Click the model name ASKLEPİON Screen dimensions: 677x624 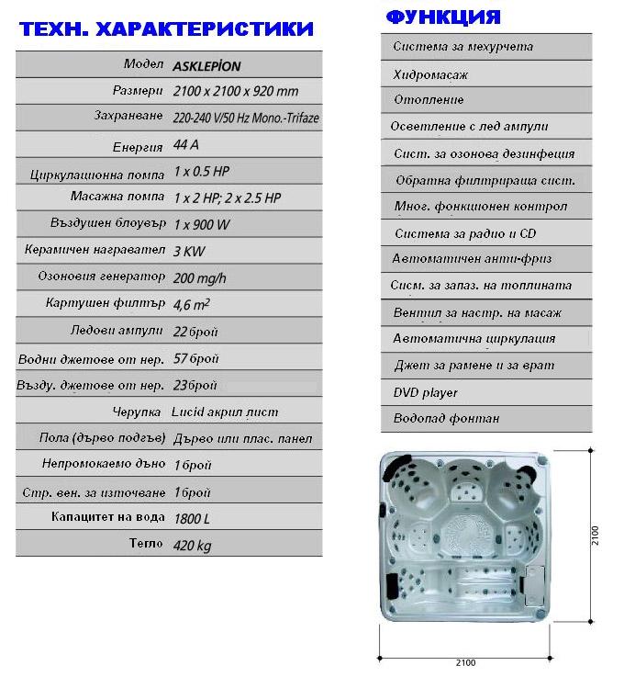(206, 66)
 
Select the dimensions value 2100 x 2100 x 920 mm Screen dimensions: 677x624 (235, 92)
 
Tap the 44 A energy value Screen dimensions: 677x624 (185, 145)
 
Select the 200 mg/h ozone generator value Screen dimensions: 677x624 (200, 276)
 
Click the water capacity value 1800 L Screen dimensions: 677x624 (191, 518)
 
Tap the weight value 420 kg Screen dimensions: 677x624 (192, 546)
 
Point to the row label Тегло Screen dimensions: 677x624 (147, 545)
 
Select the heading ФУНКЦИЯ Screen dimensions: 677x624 (443, 17)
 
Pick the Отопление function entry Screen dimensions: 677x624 (429, 99)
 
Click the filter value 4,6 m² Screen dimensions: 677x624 (192, 303)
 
